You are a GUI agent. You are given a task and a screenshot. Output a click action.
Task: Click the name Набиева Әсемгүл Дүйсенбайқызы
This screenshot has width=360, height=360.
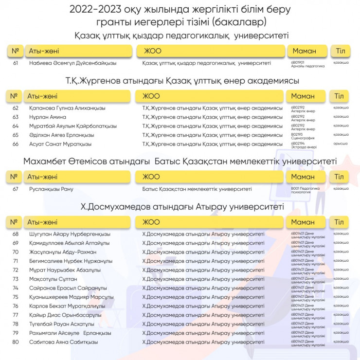(x=72, y=63)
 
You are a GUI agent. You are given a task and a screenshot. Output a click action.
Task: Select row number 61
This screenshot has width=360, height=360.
(x=16, y=63)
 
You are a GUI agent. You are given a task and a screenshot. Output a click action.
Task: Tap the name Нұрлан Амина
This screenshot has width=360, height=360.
(x=48, y=117)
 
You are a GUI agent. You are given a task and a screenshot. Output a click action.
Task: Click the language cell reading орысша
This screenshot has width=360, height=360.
(x=340, y=144)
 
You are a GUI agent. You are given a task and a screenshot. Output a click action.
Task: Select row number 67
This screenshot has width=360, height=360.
(x=16, y=189)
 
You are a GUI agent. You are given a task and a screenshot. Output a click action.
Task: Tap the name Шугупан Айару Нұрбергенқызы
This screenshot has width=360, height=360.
(x=70, y=234)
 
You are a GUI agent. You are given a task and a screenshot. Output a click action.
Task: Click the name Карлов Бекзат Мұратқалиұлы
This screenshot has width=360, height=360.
(x=66, y=306)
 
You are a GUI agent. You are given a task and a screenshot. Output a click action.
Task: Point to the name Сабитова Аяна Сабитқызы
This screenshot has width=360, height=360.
(x=63, y=342)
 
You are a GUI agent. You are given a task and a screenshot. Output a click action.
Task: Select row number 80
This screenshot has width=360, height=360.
(x=16, y=342)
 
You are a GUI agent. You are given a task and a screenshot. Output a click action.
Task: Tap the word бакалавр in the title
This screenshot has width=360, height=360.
(x=240, y=22)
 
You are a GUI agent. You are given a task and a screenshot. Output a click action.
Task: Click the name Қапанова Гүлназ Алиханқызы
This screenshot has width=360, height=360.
(x=67, y=108)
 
